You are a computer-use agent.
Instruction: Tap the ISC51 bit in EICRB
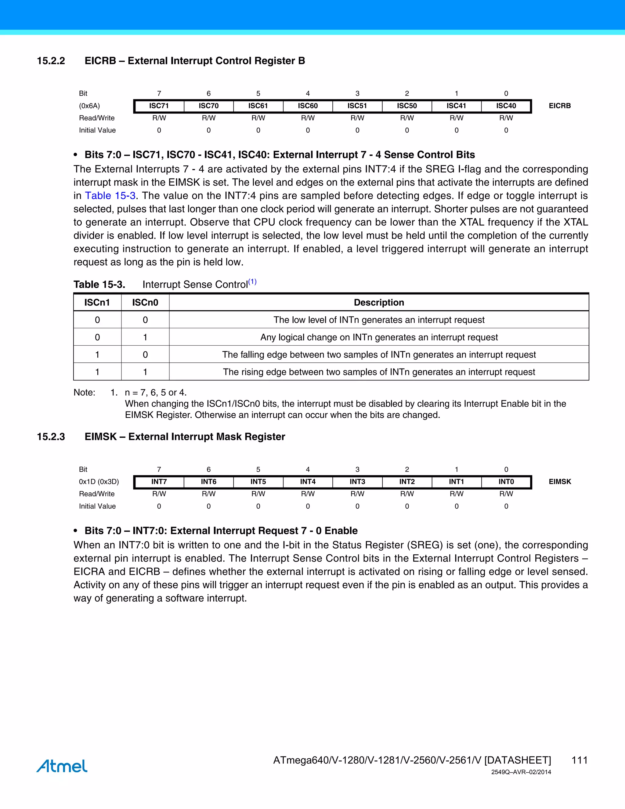pos(357,106)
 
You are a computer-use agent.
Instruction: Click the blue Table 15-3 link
pos(110,196)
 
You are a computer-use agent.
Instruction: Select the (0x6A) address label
pos(89,106)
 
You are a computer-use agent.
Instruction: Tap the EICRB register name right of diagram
pos(559,106)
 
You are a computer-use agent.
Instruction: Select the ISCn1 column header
pos(97,303)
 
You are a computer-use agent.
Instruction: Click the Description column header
pos(379,303)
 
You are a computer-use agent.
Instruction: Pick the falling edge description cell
pos(379,354)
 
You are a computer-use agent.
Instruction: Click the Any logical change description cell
pos(379,337)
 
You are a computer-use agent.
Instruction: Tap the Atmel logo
pos(62,766)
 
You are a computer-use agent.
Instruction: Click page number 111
pos(580,760)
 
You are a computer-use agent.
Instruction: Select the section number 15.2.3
pos(51,437)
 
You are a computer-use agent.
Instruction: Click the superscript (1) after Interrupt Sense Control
pos(252,282)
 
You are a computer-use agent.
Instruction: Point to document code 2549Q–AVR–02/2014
pos(521,772)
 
